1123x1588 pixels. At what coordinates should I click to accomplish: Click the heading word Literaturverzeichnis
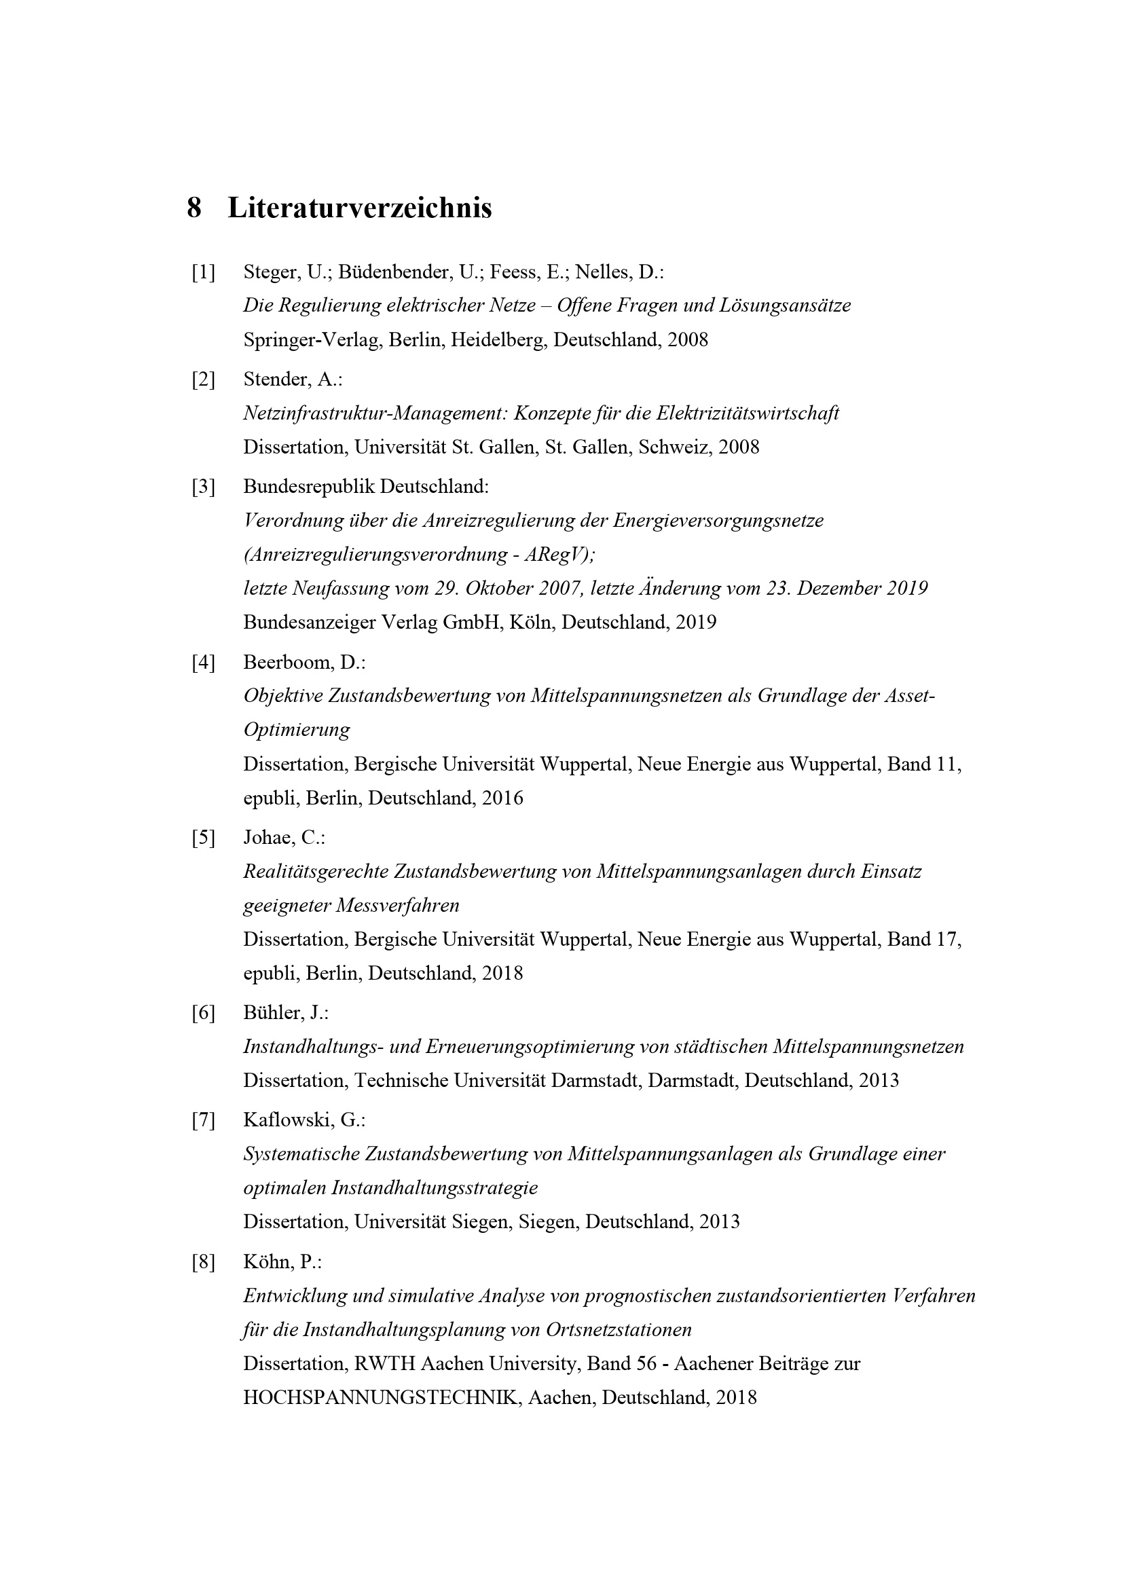point(360,208)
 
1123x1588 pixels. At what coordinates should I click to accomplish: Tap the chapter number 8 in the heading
point(194,208)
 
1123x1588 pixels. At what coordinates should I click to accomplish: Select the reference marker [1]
point(203,272)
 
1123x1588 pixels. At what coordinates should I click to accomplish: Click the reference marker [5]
point(203,838)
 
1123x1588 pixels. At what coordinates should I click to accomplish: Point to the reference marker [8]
point(203,1262)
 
